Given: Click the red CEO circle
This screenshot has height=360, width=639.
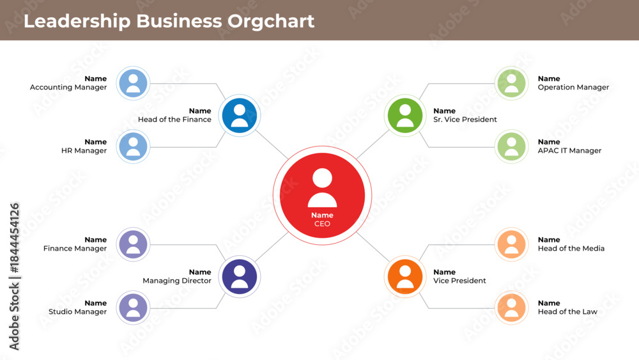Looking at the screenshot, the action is [x=322, y=195].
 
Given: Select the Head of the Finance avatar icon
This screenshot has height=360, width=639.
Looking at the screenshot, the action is [x=240, y=115].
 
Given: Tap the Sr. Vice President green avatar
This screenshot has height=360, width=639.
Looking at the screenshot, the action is [x=404, y=115].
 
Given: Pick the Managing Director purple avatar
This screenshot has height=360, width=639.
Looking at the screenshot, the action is [x=240, y=277].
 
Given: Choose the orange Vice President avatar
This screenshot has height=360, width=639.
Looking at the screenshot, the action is [x=404, y=277].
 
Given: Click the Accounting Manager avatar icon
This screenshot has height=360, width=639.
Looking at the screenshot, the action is [x=134, y=83].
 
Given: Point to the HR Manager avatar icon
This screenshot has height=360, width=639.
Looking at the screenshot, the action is [x=134, y=146].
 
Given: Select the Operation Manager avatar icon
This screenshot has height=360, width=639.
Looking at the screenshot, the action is [x=511, y=83].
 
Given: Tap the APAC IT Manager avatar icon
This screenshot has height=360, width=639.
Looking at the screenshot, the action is [x=511, y=146].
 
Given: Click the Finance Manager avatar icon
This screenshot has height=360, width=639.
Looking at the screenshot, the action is [x=134, y=244].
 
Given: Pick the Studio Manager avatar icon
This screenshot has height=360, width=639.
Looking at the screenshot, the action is [x=134, y=308].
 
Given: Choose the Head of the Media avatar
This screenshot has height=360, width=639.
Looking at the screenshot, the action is [x=511, y=244].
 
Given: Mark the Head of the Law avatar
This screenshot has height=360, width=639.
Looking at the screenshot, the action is [x=511, y=308].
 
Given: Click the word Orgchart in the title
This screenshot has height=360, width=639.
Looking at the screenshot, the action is [x=270, y=22].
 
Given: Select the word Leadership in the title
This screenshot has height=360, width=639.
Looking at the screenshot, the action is [x=77, y=22].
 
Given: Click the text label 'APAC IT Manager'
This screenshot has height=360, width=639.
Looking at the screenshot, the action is [x=569, y=150].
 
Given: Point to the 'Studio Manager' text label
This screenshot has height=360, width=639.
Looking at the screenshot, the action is [x=77, y=312].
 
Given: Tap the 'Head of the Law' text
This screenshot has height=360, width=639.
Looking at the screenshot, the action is [x=567, y=311].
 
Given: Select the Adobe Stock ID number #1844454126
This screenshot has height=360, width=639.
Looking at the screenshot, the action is [x=14, y=238].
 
